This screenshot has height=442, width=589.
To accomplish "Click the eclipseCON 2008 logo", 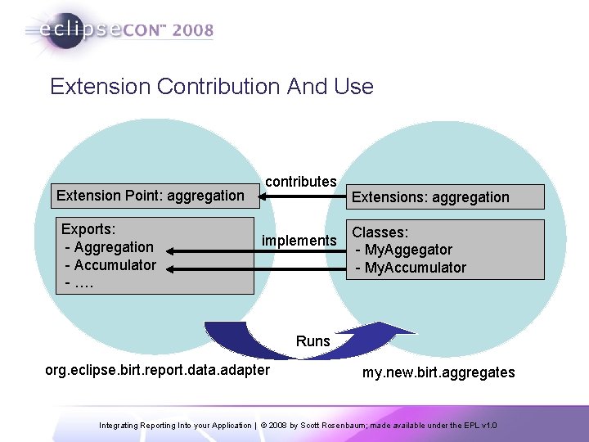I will point(119,31).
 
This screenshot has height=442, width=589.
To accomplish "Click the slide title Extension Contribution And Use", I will point(211,87).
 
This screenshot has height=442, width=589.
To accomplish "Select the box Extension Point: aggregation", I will point(151,195).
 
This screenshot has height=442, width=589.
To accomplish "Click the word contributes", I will point(301,181).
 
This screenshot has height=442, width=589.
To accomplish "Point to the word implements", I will point(299,241).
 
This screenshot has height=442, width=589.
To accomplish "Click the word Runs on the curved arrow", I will point(313,341).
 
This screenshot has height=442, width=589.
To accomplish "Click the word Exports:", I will point(88,229).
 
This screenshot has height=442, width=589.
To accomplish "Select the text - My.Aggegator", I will point(403,250).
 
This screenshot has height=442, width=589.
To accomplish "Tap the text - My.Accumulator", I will point(411,268).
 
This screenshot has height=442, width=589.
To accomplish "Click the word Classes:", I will point(380,232).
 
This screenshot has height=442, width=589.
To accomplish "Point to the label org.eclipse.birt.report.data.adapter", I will point(157,370).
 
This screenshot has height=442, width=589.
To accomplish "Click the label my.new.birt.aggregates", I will point(438,372).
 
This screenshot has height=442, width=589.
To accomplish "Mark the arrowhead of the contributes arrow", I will point(263,196).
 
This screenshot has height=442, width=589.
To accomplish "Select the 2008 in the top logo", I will point(194,31).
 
